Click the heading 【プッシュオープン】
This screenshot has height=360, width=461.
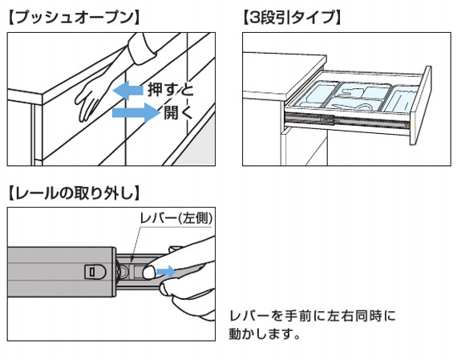(x=74, y=18)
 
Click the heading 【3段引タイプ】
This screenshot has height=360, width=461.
(x=292, y=18)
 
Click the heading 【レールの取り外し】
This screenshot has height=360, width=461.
(x=74, y=193)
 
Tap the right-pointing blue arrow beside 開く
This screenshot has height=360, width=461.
(x=135, y=112)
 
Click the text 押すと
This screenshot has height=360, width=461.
(x=171, y=90)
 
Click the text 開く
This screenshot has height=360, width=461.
(x=179, y=112)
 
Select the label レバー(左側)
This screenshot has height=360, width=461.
(x=176, y=218)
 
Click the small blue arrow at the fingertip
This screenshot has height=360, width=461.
(x=165, y=272)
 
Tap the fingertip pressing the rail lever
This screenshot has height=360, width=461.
(x=150, y=272)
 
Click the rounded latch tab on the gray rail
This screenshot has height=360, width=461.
(x=95, y=272)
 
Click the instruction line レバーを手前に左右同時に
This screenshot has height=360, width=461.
(x=312, y=316)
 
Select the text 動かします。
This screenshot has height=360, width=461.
(x=265, y=334)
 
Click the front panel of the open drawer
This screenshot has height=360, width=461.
(x=420, y=106)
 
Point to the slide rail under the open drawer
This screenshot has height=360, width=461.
(x=347, y=121)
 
